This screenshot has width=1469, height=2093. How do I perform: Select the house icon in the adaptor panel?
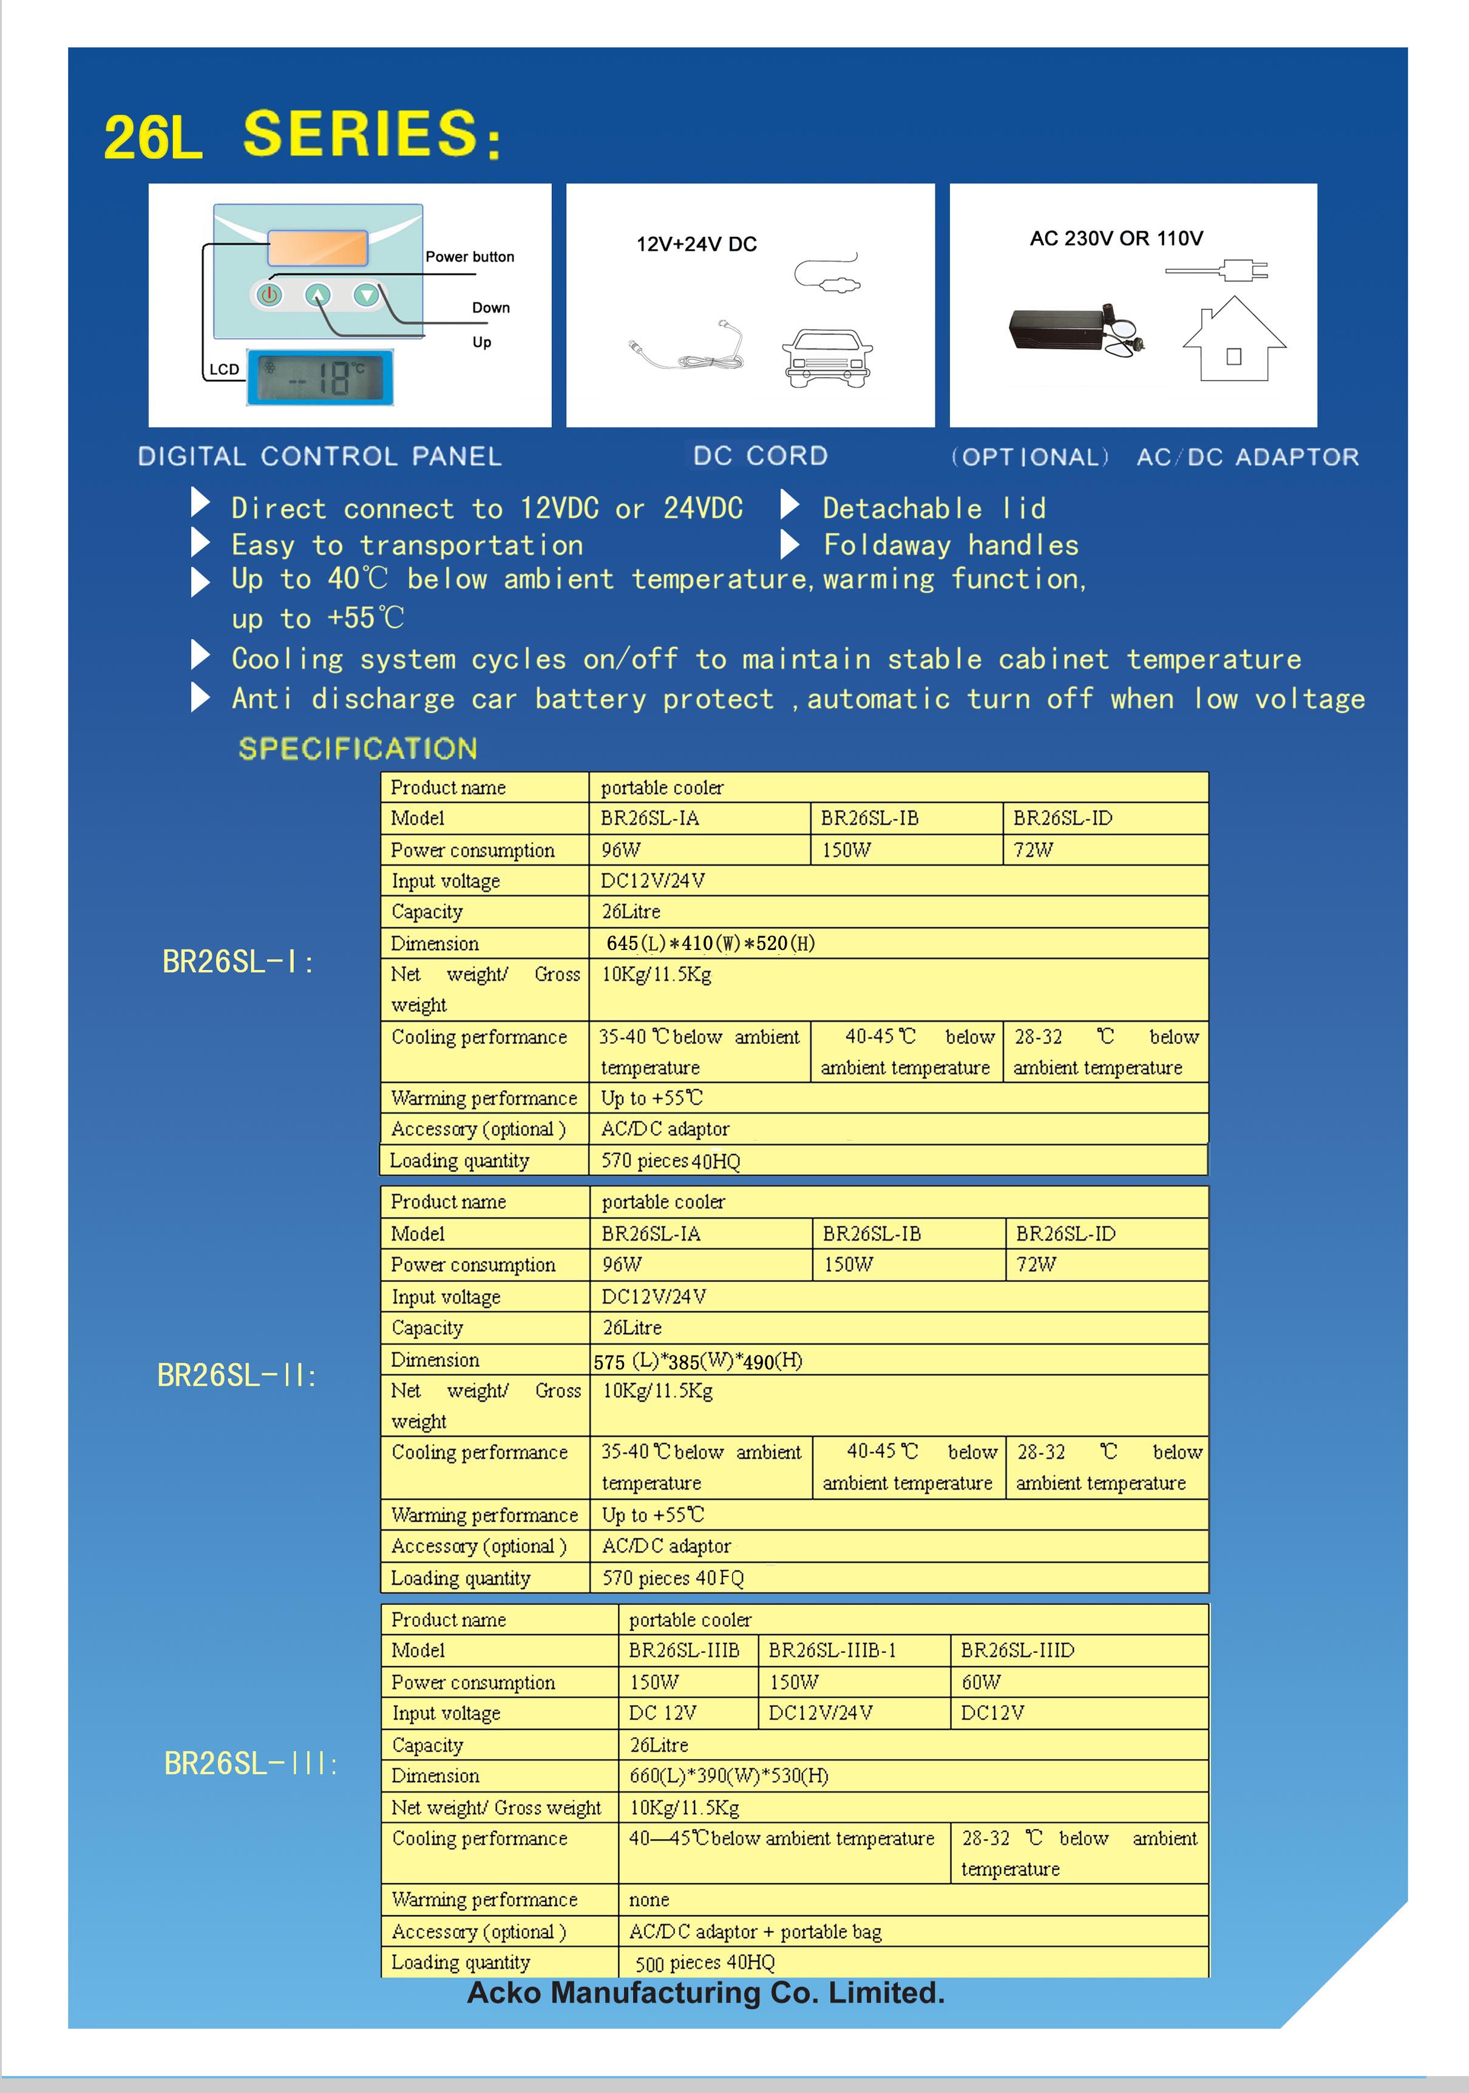click(x=1233, y=339)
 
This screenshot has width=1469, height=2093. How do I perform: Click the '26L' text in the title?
click(x=152, y=138)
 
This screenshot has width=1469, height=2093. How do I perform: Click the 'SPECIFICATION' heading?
click(x=358, y=748)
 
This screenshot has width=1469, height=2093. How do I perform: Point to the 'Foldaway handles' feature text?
click(x=950, y=545)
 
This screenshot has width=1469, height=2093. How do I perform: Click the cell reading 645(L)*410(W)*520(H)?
click(x=710, y=943)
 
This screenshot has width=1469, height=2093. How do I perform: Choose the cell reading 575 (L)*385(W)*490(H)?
click(x=697, y=1361)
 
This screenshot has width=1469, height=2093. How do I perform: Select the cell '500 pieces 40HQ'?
click(x=705, y=1962)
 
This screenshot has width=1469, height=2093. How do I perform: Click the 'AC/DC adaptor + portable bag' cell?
click(x=755, y=1931)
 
